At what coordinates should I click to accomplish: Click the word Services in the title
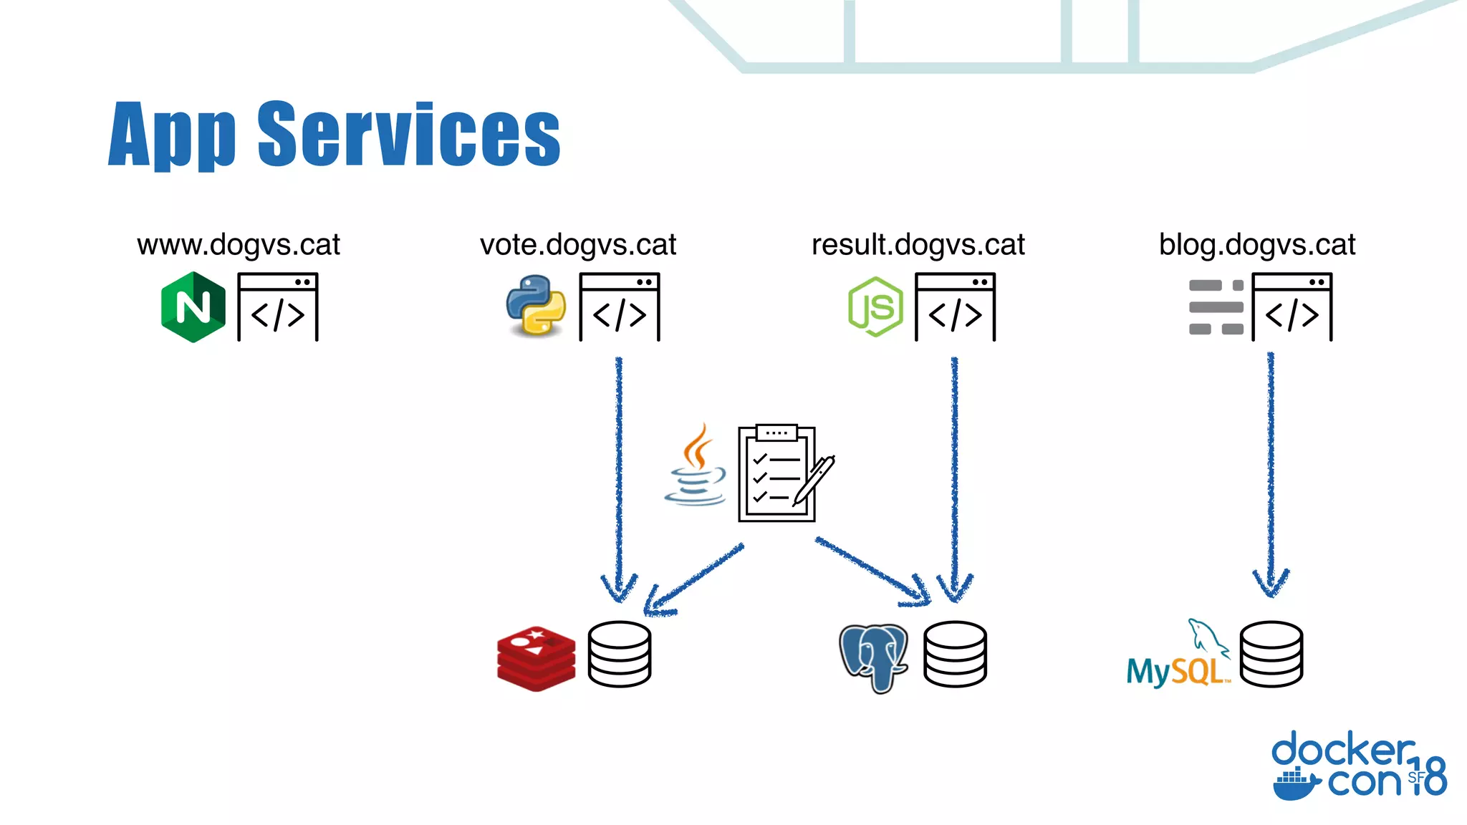[408, 134]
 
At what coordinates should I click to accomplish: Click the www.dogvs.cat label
[238, 245]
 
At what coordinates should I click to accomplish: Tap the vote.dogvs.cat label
[577, 245]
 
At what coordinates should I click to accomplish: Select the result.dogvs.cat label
[918, 245]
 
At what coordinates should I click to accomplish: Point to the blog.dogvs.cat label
[1256, 245]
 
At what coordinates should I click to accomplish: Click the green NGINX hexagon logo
[193, 307]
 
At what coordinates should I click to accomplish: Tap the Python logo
[535, 306]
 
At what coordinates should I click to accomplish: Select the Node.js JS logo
[875, 307]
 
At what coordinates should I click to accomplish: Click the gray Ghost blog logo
[1216, 307]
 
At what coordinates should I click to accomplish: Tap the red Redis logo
[536, 658]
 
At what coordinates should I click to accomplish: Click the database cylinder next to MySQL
[1271, 655]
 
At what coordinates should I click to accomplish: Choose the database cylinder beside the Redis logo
[619, 655]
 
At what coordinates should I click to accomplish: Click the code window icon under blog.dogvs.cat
[1292, 307]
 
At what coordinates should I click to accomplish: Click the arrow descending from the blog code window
[1271, 473]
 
